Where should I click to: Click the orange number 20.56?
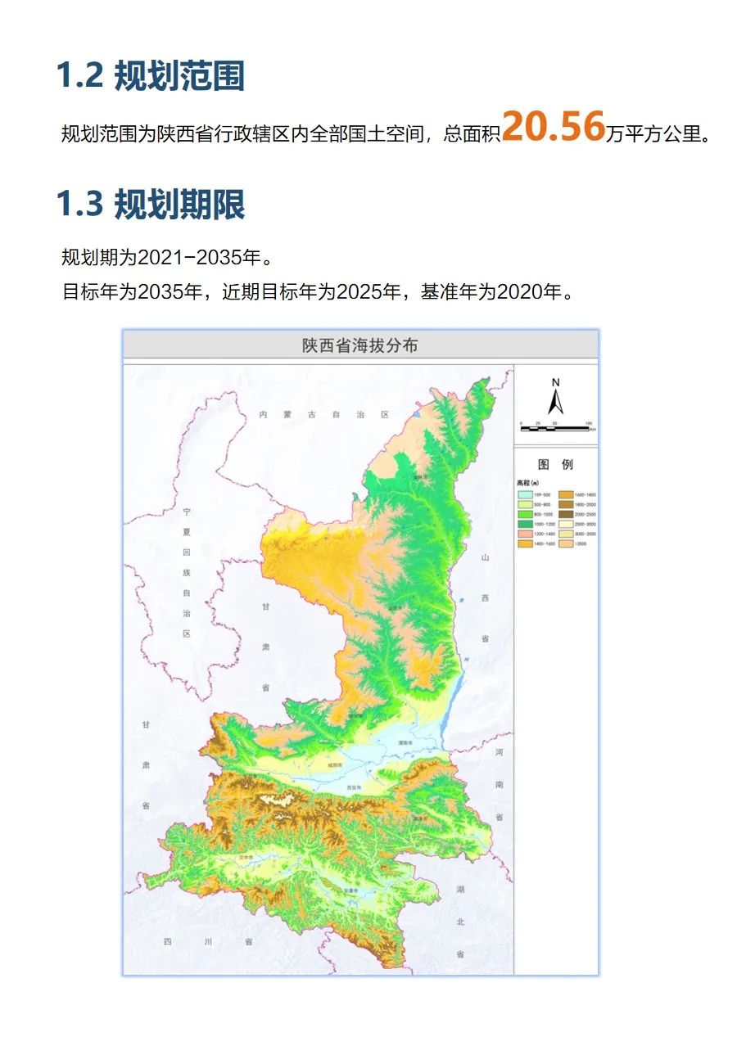click(553, 126)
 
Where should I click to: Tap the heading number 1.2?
click(79, 76)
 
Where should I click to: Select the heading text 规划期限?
click(179, 205)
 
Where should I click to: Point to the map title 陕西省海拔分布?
click(360, 345)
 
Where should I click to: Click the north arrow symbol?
click(555, 399)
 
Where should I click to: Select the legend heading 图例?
click(556, 464)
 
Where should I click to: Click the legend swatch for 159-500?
click(526, 495)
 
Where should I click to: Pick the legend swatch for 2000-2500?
click(566, 514)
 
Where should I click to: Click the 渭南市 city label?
click(403, 743)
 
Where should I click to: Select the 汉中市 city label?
click(246, 857)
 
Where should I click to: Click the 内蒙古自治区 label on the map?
click(324, 415)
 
